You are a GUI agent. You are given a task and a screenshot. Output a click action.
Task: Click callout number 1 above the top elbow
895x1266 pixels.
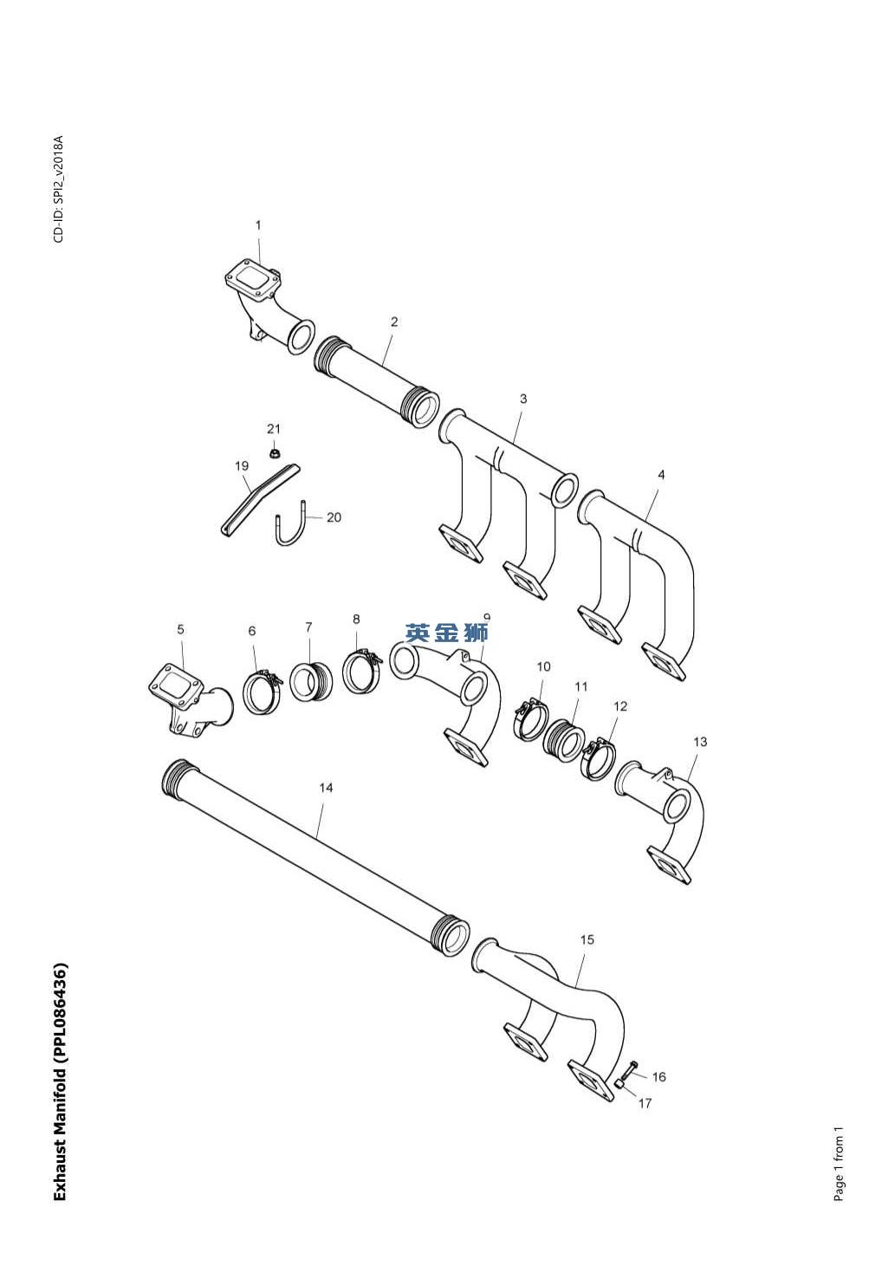click(x=257, y=225)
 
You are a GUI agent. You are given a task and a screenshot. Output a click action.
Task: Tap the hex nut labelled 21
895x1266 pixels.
click(x=274, y=451)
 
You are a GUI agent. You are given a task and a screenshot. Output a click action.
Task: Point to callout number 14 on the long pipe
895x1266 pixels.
click(x=326, y=788)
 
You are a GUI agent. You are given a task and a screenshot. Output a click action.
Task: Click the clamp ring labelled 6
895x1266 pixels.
click(x=260, y=691)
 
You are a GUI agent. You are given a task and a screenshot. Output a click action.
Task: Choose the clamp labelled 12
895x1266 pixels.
click(x=598, y=758)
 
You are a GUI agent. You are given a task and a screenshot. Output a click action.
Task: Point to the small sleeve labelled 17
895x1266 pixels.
click(x=621, y=1083)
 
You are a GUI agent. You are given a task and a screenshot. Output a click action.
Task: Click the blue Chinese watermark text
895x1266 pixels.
click(x=447, y=633)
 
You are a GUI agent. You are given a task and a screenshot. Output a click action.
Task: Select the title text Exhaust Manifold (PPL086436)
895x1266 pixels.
click(x=60, y=1081)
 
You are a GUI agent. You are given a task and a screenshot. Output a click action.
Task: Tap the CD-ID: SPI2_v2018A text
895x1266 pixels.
click(x=58, y=189)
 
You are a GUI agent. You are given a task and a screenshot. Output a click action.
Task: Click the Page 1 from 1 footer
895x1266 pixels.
click(x=839, y=1165)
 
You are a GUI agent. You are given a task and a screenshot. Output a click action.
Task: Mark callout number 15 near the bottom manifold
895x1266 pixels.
click(x=587, y=939)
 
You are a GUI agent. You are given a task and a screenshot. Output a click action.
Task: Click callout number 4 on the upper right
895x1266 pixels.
click(x=661, y=475)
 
